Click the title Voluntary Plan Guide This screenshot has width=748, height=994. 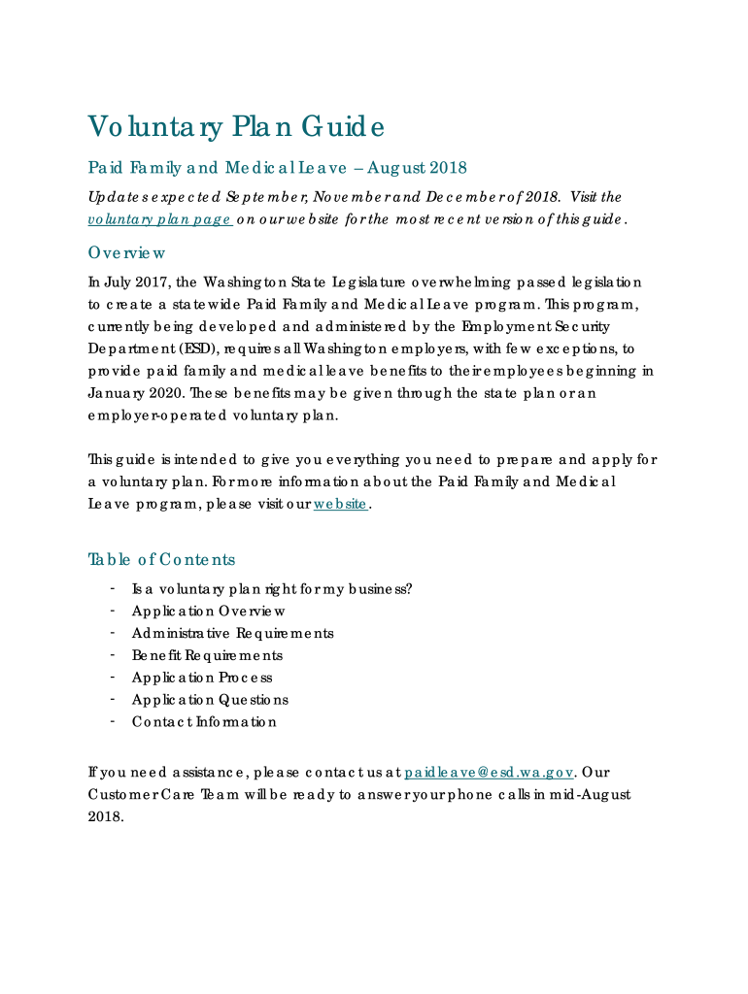(x=236, y=126)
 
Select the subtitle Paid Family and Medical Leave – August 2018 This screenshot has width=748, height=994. (x=277, y=168)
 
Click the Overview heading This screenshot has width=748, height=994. (x=126, y=252)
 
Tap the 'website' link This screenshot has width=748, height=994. (x=340, y=504)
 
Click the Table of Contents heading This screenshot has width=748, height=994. (x=161, y=559)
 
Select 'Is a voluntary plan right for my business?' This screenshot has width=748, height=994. (x=272, y=588)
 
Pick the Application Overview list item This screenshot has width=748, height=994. (x=209, y=611)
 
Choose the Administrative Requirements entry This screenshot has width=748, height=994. (x=232, y=633)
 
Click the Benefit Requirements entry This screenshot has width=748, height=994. (x=207, y=655)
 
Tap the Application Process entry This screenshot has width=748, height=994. (x=202, y=678)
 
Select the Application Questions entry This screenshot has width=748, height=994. (x=210, y=700)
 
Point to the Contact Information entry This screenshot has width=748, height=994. (x=204, y=722)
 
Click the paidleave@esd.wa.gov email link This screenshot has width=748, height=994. (x=490, y=773)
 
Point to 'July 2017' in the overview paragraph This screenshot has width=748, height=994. (x=136, y=282)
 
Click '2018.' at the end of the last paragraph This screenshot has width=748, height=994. (x=106, y=816)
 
